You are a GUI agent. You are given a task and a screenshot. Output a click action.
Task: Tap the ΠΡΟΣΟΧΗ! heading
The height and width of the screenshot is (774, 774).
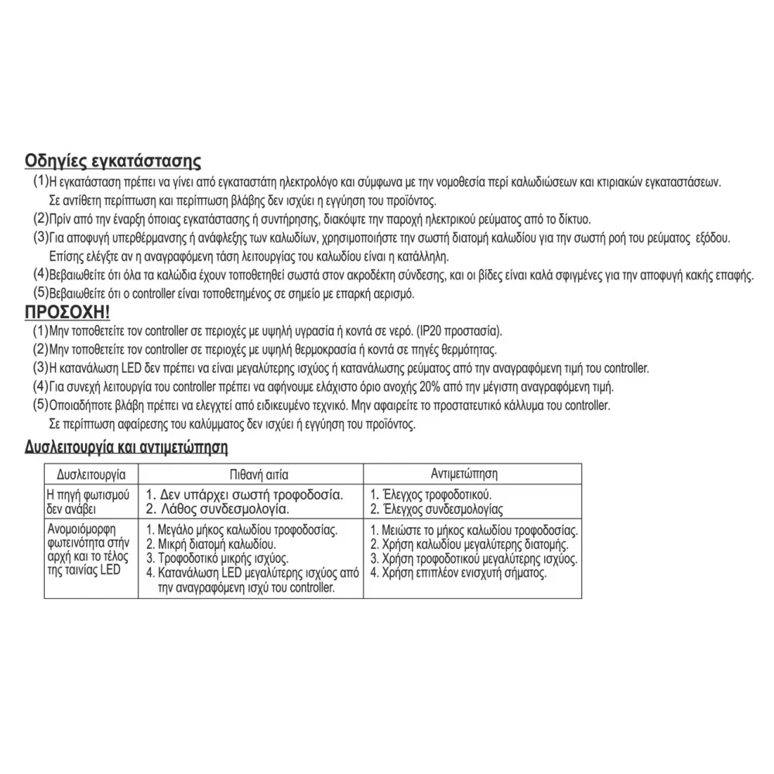point(67,313)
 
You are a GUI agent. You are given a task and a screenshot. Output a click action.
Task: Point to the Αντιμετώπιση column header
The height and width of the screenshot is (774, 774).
point(464,472)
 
